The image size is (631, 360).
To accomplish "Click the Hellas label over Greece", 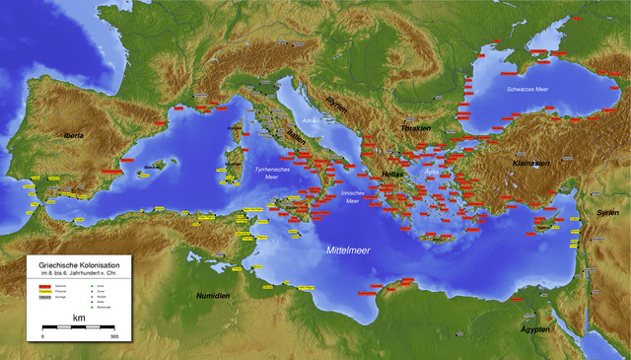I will pyautogui.click(x=393, y=172).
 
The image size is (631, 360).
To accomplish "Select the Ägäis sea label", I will pyautogui.click(x=430, y=171).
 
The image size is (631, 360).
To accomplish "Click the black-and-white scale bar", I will pyautogui.click(x=78, y=328).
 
